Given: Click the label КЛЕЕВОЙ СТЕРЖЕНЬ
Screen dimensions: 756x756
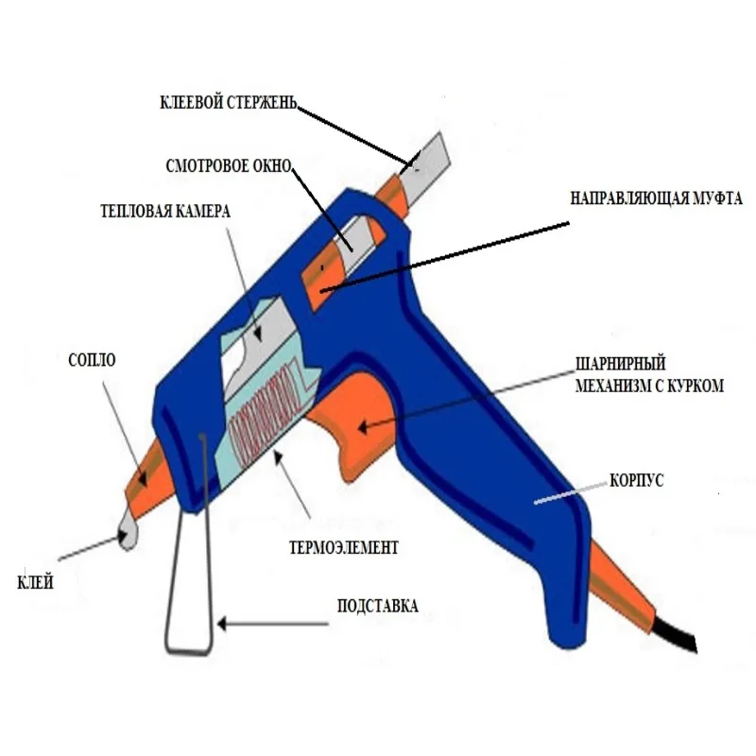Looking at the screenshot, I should click(229, 102).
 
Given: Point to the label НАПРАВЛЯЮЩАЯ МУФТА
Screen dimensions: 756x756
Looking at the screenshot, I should click(656, 199).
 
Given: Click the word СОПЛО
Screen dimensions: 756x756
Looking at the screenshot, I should click(91, 361).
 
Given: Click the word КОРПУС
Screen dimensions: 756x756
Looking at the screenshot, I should click(638, 480).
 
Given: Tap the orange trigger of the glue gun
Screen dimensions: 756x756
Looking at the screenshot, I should click(354, 416).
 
